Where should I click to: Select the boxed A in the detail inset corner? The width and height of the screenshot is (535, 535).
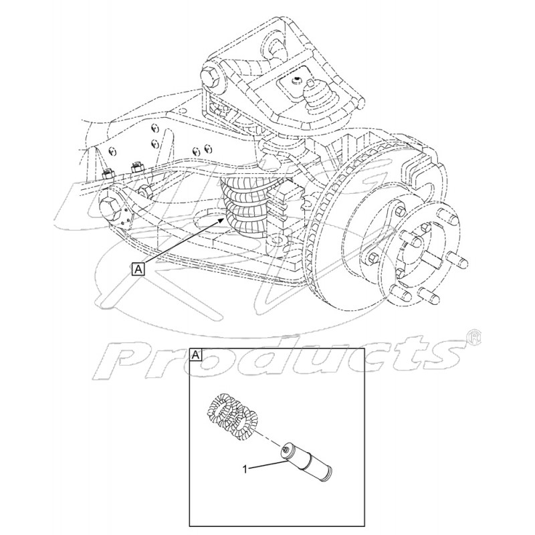(195, 355)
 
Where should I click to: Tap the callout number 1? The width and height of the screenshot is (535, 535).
(245, 470)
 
